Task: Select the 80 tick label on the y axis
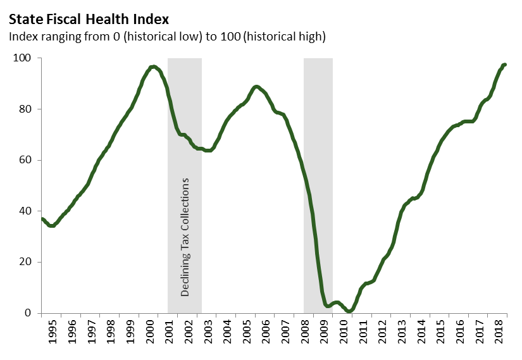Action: coord(25,109)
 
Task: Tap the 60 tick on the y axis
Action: coord(25,160)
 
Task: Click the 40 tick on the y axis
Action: coord(25,211)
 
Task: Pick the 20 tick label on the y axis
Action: coord(25,262)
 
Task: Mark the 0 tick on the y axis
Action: coord(28,313)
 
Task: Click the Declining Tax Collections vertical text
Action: coord(185,237)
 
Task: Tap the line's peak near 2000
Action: coord(152,66)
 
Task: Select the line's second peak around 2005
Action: coord(256,87)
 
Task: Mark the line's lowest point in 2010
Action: coord(349,311)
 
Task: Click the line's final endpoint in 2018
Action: coord(504,65)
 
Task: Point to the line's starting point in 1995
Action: coord(42,219)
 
